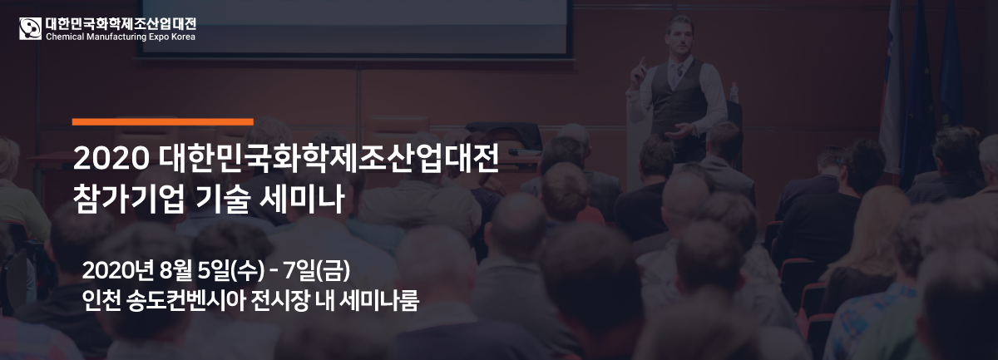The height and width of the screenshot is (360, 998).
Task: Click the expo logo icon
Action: coord(30,28)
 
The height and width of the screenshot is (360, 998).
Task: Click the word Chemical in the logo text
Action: coord(65,37)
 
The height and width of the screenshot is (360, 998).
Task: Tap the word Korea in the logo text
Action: coord(183,37)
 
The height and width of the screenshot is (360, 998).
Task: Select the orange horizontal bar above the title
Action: coord(163,122)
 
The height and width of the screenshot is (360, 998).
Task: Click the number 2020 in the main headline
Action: coord(111,158)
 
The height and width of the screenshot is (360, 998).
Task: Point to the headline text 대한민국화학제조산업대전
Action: coord(329,158)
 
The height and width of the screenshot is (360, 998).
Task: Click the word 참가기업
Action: coord(129,198)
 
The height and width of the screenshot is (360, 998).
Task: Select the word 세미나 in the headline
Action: coord(302,198)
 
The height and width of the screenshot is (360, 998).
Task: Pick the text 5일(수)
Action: coord(230,270)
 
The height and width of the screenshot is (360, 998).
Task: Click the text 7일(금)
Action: coord(316,270)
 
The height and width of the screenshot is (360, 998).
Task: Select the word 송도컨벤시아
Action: coord(185,301)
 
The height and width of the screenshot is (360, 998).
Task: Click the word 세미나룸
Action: coord(378,301)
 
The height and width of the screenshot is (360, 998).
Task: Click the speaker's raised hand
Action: coord(638,72)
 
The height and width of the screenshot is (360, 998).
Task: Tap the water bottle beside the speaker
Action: coord(734,92)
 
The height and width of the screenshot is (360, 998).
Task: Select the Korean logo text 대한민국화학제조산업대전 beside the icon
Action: coord(121,24)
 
